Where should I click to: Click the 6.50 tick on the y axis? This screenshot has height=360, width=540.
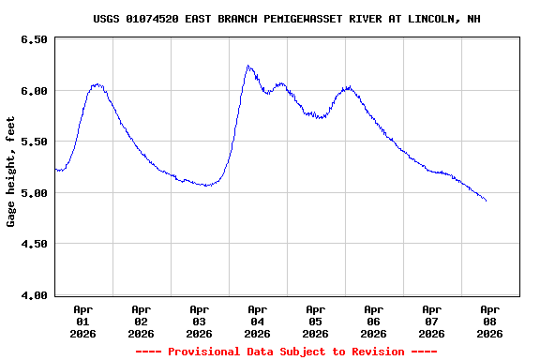point(34,40)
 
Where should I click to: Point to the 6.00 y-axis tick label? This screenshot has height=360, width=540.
point(34,91)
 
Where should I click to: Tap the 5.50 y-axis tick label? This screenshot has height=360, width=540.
point(34,142)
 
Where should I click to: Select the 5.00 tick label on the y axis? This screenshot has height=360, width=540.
point(34,193)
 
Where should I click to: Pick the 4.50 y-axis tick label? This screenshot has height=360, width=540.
point(34,244)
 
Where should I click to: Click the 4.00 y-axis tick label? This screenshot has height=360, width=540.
point(34,295)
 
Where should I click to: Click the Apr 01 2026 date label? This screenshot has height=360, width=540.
point(82,321)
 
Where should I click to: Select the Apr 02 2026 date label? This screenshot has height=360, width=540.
point(141,321)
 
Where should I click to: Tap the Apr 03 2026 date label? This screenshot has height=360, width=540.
point(199,321)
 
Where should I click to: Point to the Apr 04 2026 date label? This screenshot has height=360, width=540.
point(257,321)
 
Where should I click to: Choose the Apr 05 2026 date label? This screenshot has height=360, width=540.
point(315,321)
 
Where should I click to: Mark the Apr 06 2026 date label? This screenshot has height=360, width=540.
point(373,321)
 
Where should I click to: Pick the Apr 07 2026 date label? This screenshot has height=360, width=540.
point(431,321)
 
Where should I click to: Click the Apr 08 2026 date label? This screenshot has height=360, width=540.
point(489,321)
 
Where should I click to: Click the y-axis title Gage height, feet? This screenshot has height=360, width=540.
point(11,172)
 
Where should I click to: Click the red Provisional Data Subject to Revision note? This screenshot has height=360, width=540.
point(286,352)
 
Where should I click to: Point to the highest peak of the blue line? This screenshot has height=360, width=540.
point(247,66)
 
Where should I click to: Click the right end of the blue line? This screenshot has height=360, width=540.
point(486,201)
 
